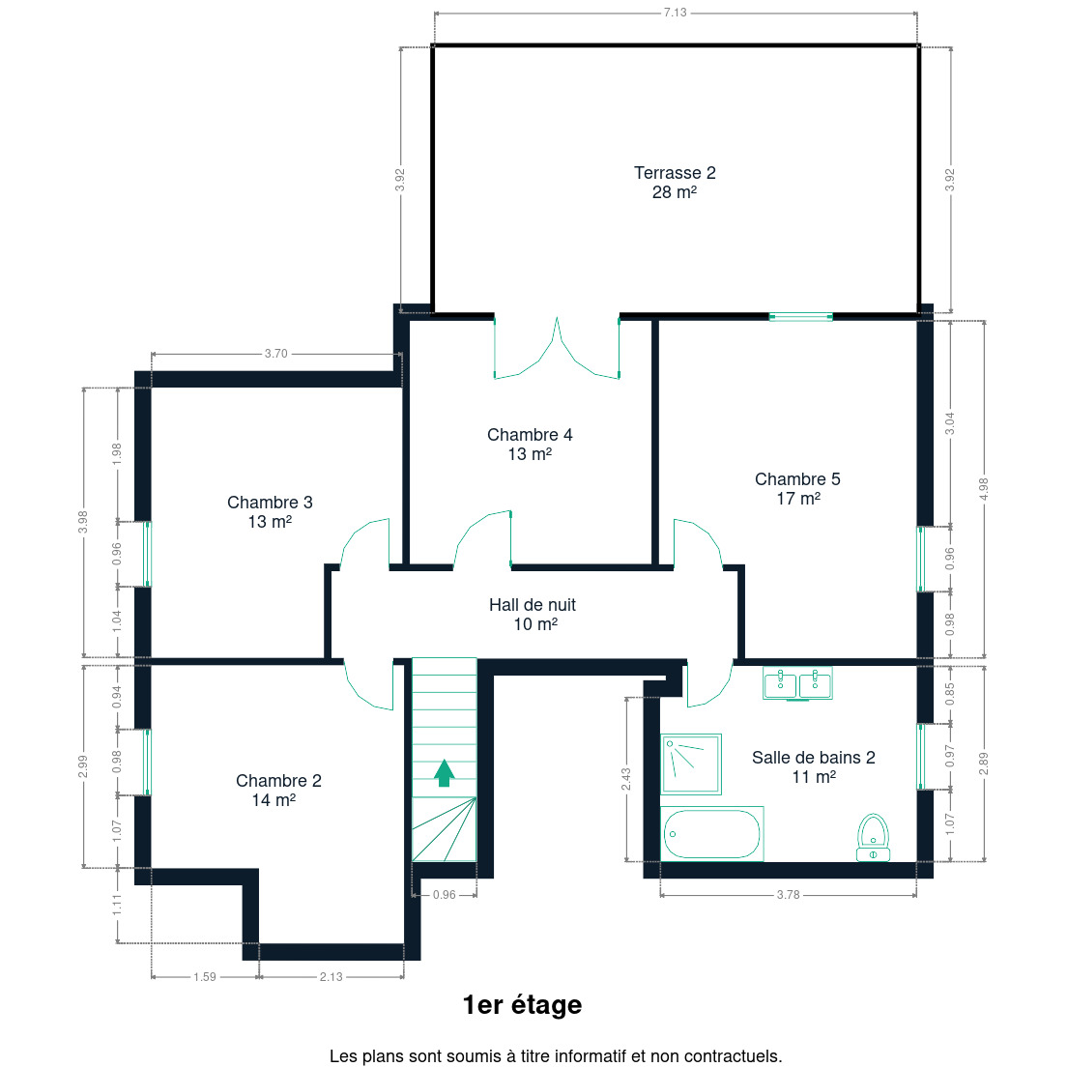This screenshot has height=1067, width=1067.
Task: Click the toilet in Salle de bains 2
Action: pos(873,838)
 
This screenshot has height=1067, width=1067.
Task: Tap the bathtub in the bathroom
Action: pos(711,833)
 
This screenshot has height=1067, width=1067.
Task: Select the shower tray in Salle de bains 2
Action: pos(691,764)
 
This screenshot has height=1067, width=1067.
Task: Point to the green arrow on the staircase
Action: pos(445,773)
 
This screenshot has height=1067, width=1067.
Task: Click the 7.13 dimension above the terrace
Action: pos(675,13)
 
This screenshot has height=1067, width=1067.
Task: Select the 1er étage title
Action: pos(522,1004)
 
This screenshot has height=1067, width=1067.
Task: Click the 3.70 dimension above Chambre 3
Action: pos(276,354)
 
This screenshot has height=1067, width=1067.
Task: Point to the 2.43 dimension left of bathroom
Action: pos(626,779)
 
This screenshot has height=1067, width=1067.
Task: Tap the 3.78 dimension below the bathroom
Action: pos(788,895)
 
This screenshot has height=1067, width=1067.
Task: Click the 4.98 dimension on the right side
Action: pos(983,489)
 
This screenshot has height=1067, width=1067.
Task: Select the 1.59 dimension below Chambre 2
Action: pos(205,976)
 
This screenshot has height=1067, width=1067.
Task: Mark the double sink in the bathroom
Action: pos(797,683)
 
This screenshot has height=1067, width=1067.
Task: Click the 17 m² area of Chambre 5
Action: pos(798,499)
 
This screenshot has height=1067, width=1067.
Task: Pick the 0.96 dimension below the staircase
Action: pos(445,895)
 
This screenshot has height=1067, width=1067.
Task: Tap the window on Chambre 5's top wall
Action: pos(801,316)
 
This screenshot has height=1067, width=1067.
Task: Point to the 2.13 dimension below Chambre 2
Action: pos(332,976)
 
